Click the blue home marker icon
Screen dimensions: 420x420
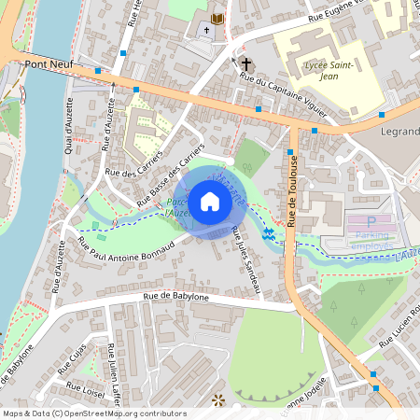(x=209, y=201)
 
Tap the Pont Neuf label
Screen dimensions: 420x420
(x=49, y=64)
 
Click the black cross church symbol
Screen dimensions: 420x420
(x=246, y=64)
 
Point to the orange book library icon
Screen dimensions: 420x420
(x=217, y=18)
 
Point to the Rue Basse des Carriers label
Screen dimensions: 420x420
(x=172, y=176)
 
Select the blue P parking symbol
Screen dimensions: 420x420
(x=371, y=222)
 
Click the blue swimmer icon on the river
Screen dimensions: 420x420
(x=269, y=232)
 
